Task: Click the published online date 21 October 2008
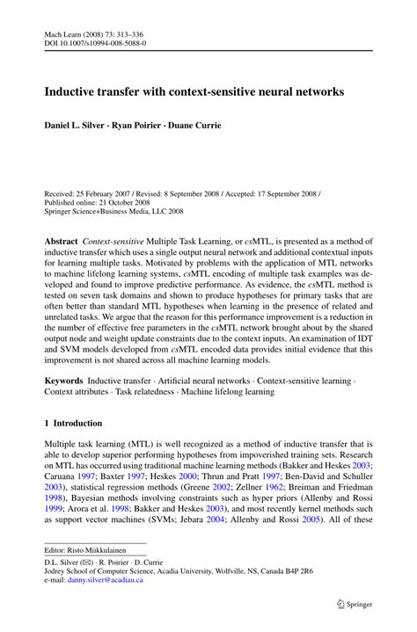124,201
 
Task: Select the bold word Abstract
61,240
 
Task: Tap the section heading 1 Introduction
78,423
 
